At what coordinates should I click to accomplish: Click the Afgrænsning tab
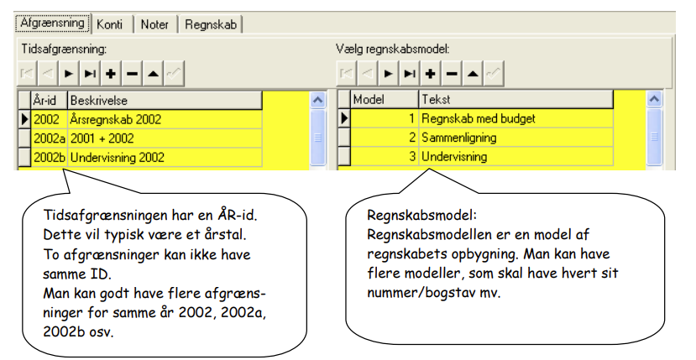coord(53,23)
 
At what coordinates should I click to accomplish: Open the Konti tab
coord(110,24)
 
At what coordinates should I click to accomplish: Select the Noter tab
coord(154,24)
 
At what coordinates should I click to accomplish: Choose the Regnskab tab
coord(211,24)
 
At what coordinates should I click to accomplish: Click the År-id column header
coord(49,101)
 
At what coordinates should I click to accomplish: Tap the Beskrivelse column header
coord(165,101)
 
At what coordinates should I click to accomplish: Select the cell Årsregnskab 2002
coord(165,119)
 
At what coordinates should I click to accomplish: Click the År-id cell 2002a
coord(49,138)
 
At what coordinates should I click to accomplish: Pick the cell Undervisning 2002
coord(165,158)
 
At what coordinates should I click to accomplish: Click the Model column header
coord(385,99)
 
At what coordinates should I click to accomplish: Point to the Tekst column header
coord(515,99)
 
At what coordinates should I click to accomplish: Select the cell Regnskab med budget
coord(515,118)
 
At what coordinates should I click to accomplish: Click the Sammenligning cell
coord(515,138)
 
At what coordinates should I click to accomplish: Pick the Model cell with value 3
coord(385,157)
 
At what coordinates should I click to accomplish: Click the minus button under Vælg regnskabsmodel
coord(452,74)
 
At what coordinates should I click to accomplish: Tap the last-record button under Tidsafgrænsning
coord(90,74)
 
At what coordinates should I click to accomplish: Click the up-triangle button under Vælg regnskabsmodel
coord(473,74)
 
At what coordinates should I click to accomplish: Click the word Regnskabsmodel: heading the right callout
coord(421,216)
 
